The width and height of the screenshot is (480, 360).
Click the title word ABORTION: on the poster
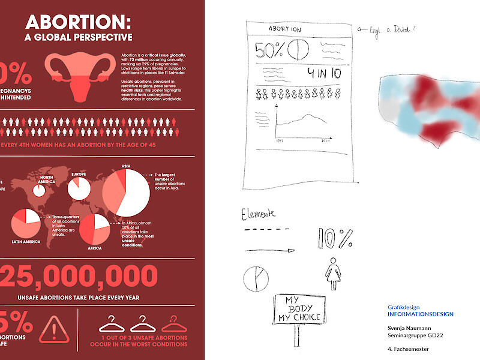(x=77, y=23)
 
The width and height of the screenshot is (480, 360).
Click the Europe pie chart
(x=79, y=187)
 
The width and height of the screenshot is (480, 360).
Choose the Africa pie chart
(x=94, y=229)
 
